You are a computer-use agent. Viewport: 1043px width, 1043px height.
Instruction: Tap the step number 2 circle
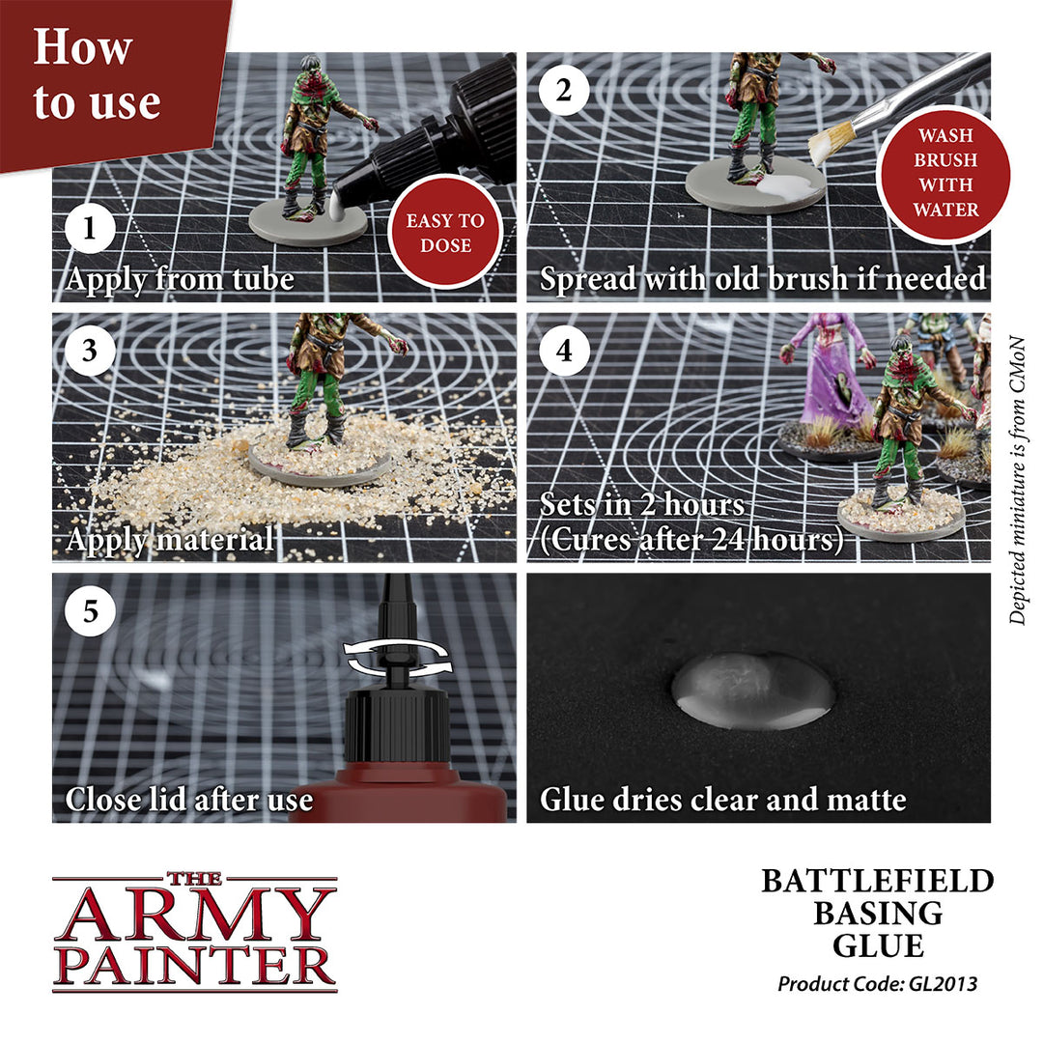[x=564, y=92]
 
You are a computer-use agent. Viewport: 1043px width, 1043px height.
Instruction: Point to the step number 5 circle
[x=90, y=612]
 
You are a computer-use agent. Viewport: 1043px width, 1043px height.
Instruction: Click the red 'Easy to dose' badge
[x=444, y=232]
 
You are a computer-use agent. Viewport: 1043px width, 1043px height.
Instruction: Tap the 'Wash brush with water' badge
[x=945, y=172]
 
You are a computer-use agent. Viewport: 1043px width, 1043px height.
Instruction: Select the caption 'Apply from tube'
[x=180, y=279]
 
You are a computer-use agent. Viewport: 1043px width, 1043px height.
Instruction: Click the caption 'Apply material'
[x=169, y=539]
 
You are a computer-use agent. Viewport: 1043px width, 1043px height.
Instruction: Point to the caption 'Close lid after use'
[x=188, y=800]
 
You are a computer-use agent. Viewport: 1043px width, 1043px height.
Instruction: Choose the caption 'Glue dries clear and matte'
[x=722, y=800]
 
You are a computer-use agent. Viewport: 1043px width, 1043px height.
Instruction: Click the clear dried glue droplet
[x=753, y=691]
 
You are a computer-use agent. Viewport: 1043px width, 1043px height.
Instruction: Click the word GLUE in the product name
[x=877, y=944]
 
